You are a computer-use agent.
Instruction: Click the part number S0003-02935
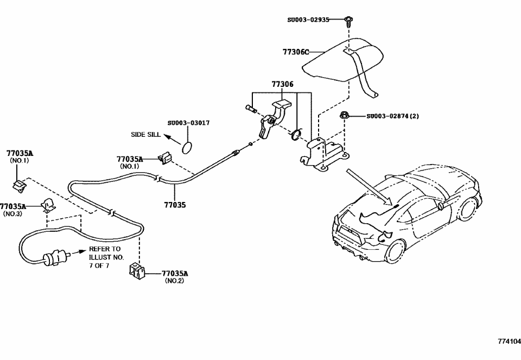point(308,20)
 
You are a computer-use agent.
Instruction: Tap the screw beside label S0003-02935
point(347,21)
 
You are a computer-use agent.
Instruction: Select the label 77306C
point(296,52)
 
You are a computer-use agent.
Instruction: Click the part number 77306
point(282,85)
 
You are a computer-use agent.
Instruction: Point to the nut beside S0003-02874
point(344,116)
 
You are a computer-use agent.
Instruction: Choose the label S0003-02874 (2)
point(392,116)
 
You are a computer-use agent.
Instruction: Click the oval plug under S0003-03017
point(187,147)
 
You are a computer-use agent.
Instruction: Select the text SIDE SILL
point(145,134)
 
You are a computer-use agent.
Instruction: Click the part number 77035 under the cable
point(175,205)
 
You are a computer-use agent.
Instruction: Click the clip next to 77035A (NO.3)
point(47,206)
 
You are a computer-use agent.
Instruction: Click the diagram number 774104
point(509,342)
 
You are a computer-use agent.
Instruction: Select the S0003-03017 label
point(188,123)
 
